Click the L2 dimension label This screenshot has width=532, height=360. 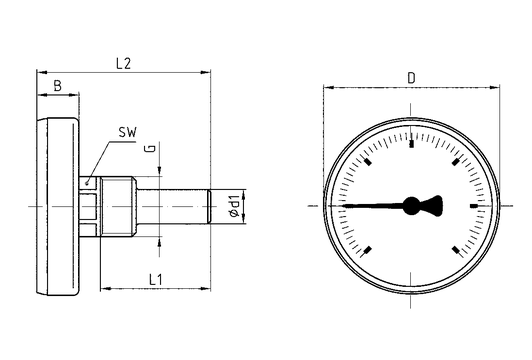(123, 63)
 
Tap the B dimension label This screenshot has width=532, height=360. (58, 86)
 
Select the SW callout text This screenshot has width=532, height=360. (127, 132)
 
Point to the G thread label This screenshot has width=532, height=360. (152, 148)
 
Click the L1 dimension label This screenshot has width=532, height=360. (156, 280)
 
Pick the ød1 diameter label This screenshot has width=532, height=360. (235, 206)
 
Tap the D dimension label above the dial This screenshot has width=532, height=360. (411, 78)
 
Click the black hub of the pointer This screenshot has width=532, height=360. (411, 206)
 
